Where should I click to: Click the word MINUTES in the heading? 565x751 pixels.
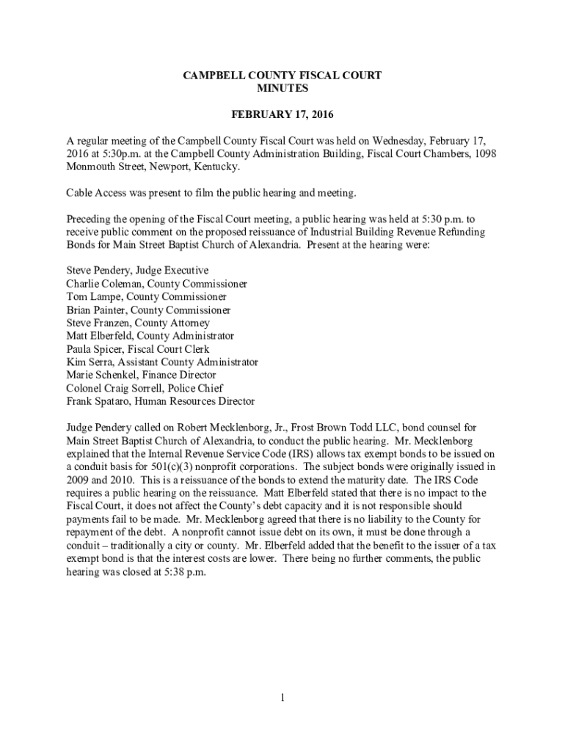282,89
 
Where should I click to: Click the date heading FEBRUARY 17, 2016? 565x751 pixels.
282,114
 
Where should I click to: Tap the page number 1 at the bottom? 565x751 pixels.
282,697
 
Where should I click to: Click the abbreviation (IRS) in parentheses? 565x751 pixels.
296,454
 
